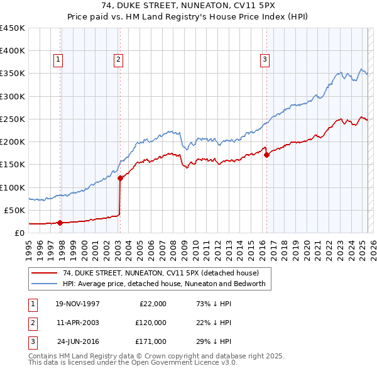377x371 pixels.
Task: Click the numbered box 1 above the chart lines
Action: pyautogui.click(x=57, y=60)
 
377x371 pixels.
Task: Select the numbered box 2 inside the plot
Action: pyautogui.click(x=118, y=60)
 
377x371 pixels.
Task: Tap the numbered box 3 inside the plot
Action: pyautogui.click(x=265, y=60)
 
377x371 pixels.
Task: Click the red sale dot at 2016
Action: pyautogui.click(x=266, y=155)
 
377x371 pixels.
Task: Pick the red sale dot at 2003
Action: pyautogui.click(x=120, y=178)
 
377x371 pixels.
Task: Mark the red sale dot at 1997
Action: pyautogui.click(x=60, y=222)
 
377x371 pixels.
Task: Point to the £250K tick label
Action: pyautogui.click(x=13, y=119)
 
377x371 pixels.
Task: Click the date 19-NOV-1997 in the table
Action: pyautogui.click(x=77, y=304)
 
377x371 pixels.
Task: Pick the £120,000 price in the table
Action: pyautogui.click(x=150, y=323)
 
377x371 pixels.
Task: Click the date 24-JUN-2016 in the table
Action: pyautogui.click(x=78, y=341)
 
